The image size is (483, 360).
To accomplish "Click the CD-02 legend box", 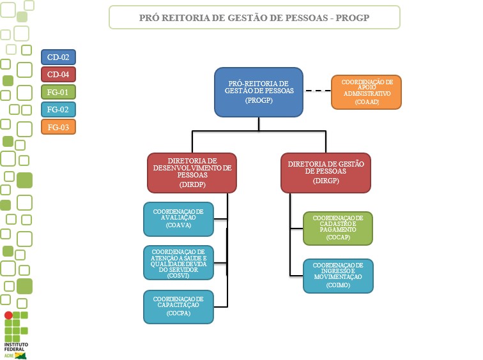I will click(x=58, y=57).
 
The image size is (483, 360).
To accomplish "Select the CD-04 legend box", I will click(x=58, y=75).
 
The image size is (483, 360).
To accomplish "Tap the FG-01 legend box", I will click(x=58, y=92).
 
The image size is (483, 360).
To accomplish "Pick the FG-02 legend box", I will click(x=58, y=109).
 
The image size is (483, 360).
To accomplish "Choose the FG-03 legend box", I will click(x=58, y=127).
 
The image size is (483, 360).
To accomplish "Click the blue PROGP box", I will click(x=258, y=92).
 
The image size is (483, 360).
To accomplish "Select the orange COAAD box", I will click(x=366, y=92).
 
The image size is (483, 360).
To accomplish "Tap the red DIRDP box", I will click(x=192, y=172).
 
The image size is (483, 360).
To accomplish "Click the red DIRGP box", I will click(x=326, y=172).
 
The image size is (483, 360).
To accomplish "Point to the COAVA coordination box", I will click(x=178, y=220).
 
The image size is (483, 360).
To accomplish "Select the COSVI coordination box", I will click(x=178, y=262).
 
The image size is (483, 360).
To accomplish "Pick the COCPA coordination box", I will click(x=178, y=306).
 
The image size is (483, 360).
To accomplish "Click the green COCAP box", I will click(x=337, y=228).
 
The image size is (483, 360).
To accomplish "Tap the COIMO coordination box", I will click(x=337, y=276).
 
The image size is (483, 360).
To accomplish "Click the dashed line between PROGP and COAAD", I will click(x=317, y=91).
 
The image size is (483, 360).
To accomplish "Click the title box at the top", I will click(x=254, y=17).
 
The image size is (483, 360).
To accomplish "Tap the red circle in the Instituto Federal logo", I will click(x=8, y=315).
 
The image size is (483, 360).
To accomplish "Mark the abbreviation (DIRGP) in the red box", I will click(x=326, y=181).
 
